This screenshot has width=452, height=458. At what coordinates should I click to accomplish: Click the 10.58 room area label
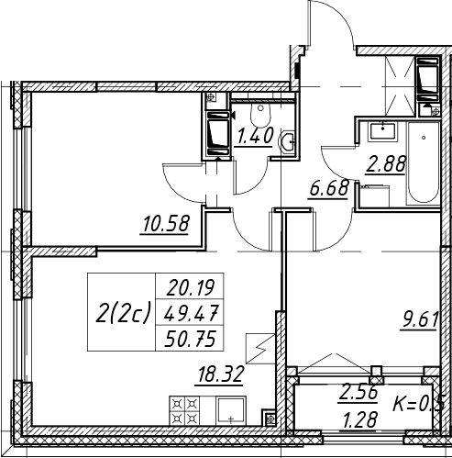165,223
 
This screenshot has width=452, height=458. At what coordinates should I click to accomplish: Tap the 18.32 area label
221,374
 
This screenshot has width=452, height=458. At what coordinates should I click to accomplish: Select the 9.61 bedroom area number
420,320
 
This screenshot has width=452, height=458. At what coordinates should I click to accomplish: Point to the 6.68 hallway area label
328,188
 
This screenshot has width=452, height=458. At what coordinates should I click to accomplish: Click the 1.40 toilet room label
254,137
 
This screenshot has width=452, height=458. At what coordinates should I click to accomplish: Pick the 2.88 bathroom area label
386,164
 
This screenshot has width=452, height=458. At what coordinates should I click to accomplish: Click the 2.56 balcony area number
358,393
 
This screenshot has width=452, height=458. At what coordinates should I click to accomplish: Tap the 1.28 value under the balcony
359,419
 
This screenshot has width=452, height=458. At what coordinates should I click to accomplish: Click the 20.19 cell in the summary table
190,287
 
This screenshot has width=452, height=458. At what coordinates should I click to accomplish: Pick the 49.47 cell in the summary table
190,313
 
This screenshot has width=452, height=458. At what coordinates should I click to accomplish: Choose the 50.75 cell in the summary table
190,339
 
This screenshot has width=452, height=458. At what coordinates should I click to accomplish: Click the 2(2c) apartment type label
123,312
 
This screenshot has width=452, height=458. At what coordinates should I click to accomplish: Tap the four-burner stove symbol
184,411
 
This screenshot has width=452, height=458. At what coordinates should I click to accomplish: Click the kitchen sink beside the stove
231,411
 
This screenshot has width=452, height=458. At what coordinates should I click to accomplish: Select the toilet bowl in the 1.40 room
260,114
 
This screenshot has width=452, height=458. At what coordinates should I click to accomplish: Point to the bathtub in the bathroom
424,163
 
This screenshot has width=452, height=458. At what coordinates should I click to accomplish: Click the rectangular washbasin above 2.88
382,131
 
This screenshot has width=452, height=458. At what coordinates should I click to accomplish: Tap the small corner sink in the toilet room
287,141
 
